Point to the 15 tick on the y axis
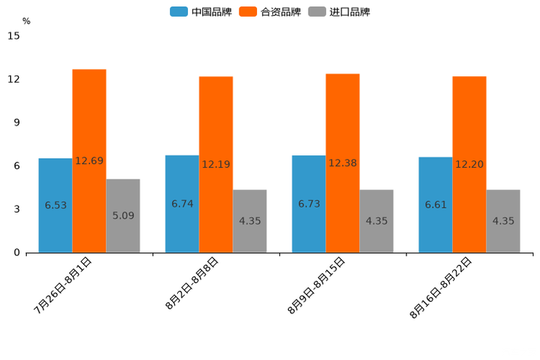tap(14, 36)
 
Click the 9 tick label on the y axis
tap(17, 123)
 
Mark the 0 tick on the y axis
tap(17, 253)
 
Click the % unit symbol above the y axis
tap(26, 21)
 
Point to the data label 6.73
tap(309, 205)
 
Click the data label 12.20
tap(470, 164)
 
